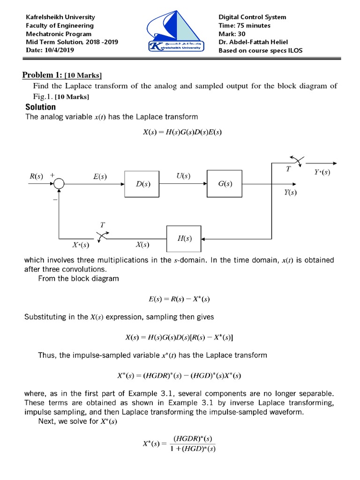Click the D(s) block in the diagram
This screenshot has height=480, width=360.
(143, 184)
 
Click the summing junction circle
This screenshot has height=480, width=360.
(59, 184)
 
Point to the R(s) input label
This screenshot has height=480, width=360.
(36, 177)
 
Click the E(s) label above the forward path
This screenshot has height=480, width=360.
(99, 177)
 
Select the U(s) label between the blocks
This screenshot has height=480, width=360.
(183, 176)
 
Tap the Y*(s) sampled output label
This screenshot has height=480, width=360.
(322, 172)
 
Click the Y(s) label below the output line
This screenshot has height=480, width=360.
(290, 192)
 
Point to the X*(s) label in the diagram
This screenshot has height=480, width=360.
(81, 245)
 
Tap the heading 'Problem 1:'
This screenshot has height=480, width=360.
(43, 75)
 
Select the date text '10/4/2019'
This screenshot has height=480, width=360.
(61, 50)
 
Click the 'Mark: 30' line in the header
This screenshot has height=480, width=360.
(234, 34)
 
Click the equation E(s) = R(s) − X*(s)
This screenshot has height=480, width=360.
(182, 298)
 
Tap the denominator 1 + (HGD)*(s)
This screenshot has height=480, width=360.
(193, 449)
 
